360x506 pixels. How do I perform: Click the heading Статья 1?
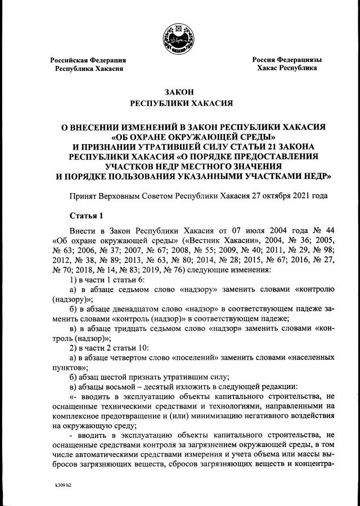pos(87,215)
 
